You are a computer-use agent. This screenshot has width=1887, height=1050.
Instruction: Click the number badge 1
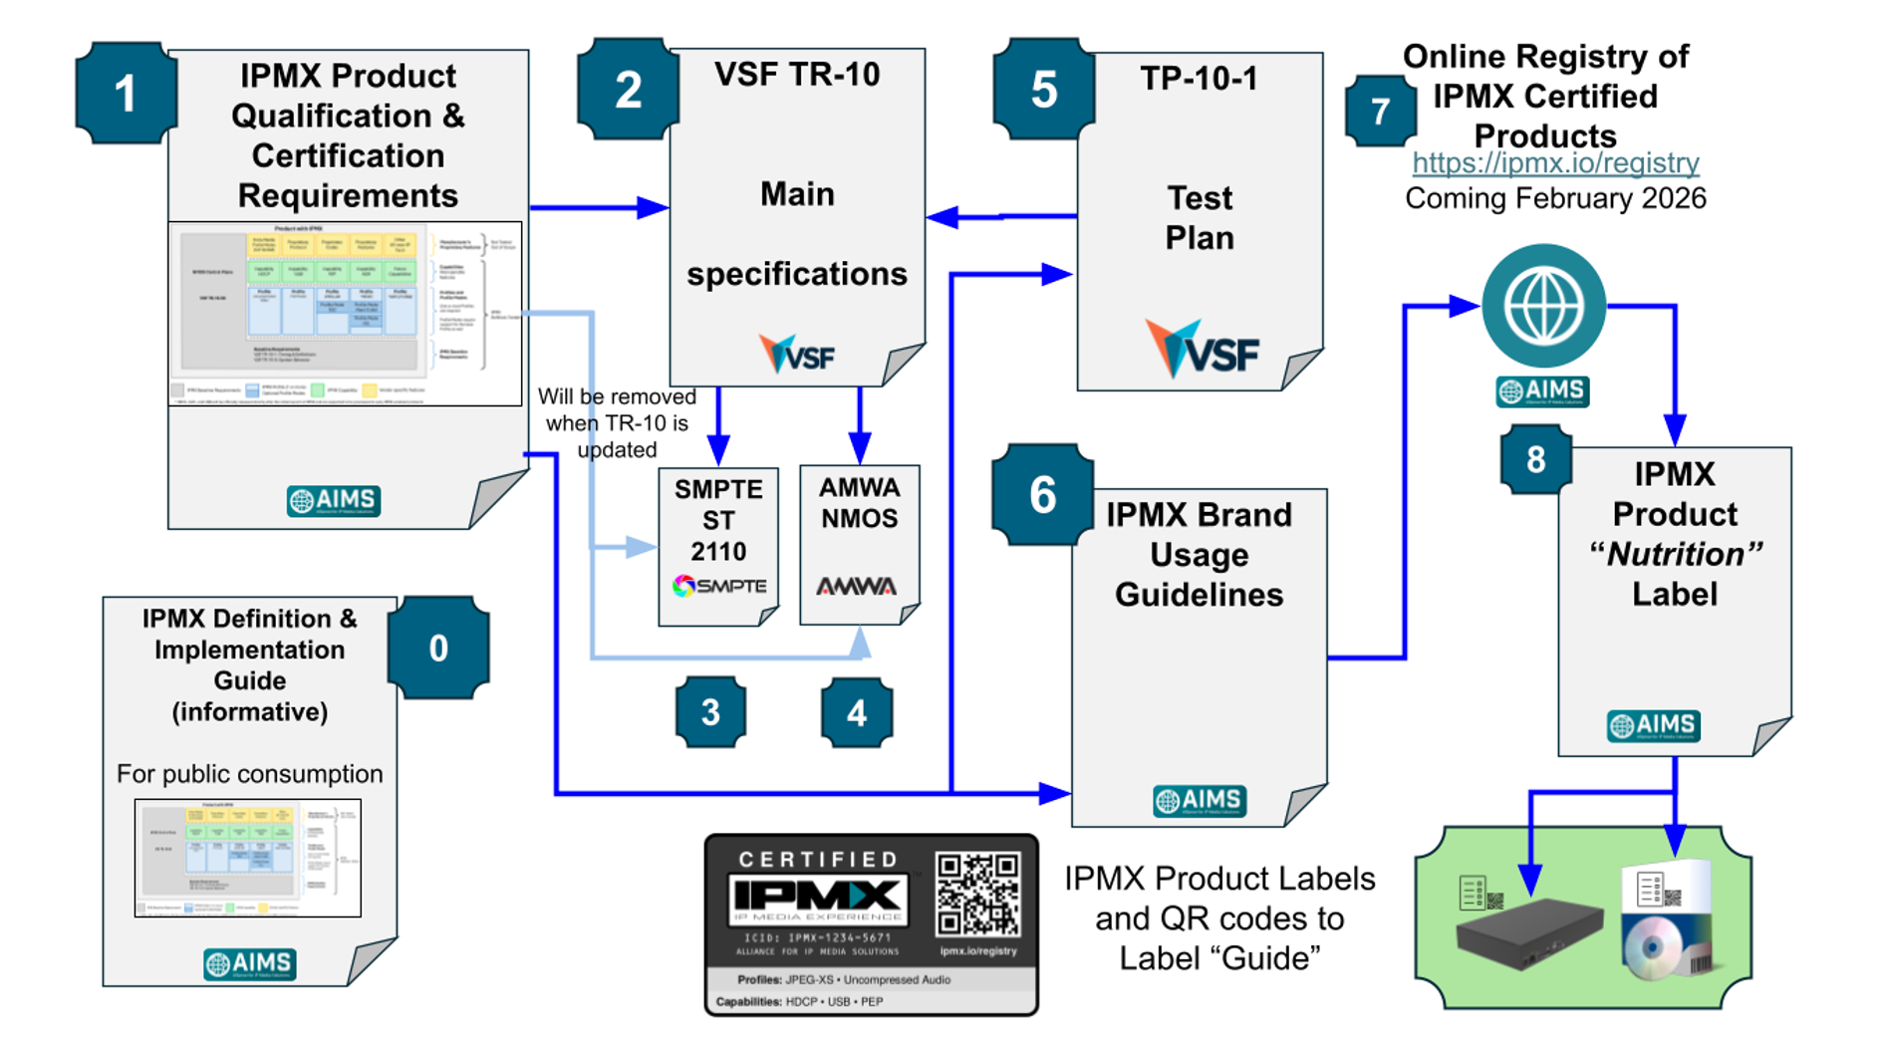tap(125, 94)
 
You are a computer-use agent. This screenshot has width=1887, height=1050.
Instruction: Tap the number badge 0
tap(438, 649)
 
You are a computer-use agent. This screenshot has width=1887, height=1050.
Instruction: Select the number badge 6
tap(1042, 495)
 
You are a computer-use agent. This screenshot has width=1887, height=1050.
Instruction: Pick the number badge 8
tap(1535, 459)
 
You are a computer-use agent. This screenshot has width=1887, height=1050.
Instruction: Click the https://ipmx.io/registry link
tap(1555, 162)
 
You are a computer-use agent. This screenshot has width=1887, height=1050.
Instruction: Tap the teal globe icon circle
tap(1543, 306)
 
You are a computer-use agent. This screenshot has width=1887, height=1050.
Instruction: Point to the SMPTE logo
tap(719, 586)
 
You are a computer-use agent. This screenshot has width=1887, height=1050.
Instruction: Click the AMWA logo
tap(857, 586)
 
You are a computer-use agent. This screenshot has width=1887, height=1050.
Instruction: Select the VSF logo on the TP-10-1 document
tap(1203, 351)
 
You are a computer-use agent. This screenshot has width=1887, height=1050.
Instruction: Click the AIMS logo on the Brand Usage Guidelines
tap(1200, 800)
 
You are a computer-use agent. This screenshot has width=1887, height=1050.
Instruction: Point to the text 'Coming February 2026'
tap(1555, 198)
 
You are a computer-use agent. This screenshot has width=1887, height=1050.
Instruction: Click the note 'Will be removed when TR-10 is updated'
tap(617, 423)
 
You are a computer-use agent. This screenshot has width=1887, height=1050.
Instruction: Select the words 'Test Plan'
tap(1200, 218)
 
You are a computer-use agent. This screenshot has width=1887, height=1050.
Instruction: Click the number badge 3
tap(710, 712)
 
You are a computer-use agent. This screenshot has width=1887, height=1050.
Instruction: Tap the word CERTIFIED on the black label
tap(818, 859)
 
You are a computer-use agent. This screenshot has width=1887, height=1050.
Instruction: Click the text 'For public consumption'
tap(249, 774)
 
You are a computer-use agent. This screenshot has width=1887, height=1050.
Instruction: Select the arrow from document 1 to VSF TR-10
tap(598, 207)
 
